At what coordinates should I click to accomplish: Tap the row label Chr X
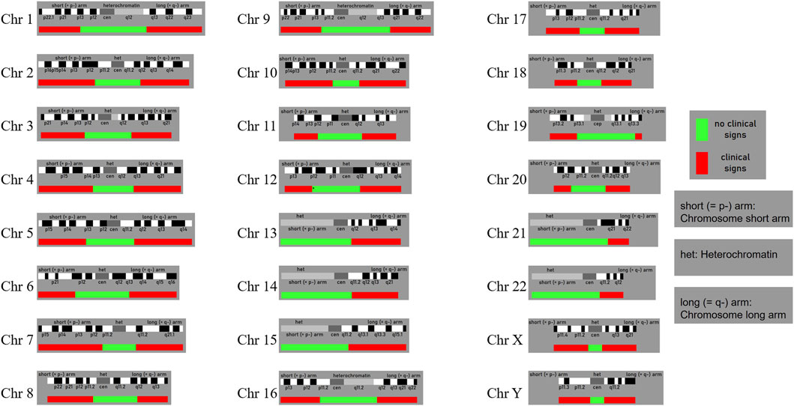pyautogui.click(x=502, y=339)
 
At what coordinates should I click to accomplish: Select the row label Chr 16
pyautogui.click(x=255, y=393)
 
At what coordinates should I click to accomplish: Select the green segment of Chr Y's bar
pyautogui.click(x=597, y=401)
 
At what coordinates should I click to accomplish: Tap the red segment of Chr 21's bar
pyautogui.click(x=619, y=241)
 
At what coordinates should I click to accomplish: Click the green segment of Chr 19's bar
pyautogui.click(x=606, y=136)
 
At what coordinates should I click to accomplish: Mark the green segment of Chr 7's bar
pyautogui.click(x=119, y=348)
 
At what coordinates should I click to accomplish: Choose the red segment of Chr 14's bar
pyautogui.click(x=375, y=295)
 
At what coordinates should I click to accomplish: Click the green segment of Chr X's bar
pyautogui.click(x=595, y=348)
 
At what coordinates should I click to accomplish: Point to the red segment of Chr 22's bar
pyautogui.click(x=611, y=295)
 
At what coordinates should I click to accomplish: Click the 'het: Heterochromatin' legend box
pyautogui.click(x=733, y=255)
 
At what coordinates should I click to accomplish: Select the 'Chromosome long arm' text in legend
pyautogui.click(x=733, y=315)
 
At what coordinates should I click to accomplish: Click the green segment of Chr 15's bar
pyautogui.click(x=313, y=348)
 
